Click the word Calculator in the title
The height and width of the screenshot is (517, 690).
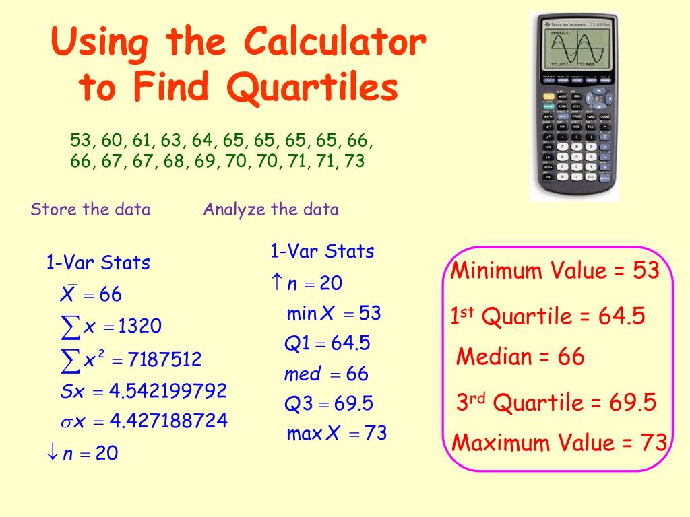334,43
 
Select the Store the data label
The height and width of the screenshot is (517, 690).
90,209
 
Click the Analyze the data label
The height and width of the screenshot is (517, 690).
271,209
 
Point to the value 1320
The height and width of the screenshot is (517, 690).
139,327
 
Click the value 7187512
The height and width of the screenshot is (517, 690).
164,360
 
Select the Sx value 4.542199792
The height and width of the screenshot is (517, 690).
168,391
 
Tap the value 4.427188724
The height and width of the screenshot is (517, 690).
168,422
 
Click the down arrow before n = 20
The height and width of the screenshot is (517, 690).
52,454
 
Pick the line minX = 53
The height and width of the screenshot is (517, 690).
334,314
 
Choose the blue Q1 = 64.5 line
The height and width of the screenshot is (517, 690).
327,344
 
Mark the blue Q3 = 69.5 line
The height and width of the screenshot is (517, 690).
328,404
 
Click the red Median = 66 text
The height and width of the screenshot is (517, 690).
520,357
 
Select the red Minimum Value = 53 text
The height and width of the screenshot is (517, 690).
555,271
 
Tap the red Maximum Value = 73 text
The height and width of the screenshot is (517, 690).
559,443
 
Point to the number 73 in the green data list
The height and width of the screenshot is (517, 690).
354,162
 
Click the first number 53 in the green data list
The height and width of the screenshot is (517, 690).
80,141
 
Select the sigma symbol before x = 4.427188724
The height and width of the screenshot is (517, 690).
66,423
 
